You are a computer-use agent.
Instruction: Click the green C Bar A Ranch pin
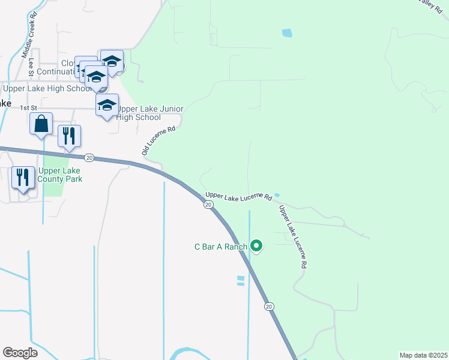click(x=256, y=245)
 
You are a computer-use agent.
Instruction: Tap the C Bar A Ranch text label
click(x=221, y=246)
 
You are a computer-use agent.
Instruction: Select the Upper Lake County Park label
click(x=60, y=175)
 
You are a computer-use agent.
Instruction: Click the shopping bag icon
click(x=41, y=124)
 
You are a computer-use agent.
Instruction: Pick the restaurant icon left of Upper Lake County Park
click(x=23, y=178)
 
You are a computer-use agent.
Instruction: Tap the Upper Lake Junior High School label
click(x=139, y=113)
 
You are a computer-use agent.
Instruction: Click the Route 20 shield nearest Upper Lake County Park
click(x=89, y=157)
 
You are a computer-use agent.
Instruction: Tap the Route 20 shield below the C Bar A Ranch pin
click(x=268, y=306)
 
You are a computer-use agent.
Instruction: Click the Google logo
click(x=20, y=353)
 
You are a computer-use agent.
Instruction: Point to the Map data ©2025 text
click(x=423, y=355)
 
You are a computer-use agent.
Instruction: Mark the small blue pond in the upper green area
click(x=287, y=33)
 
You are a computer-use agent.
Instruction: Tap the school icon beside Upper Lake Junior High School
click(x=107, y=105)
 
